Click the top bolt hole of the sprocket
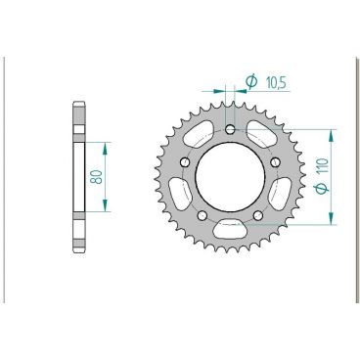[231, 129]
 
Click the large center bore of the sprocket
[231, 176]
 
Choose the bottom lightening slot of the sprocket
[231, 231]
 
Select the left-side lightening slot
[182, 192]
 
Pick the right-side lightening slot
[280, 192]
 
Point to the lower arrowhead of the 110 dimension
[334, 222]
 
